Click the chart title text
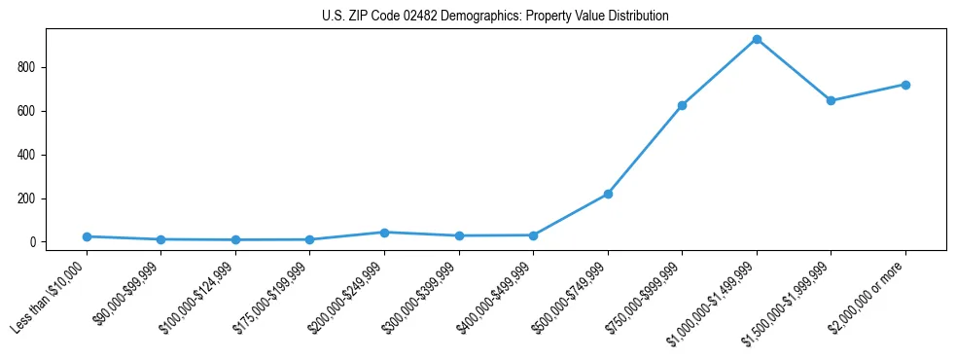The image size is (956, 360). (495, 17)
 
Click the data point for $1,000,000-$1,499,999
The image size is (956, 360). (757, 40)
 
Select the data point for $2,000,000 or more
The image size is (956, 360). (905, 85)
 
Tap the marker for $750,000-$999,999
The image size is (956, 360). (682, 105)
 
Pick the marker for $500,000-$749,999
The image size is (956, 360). (608, 195)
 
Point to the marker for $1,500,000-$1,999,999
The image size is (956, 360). (831, 100)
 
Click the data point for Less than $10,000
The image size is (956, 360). (87, 236)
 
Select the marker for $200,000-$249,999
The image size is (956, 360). (384, 233)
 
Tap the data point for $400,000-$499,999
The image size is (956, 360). (533, 235)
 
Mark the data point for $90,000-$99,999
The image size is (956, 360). (160, 239)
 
